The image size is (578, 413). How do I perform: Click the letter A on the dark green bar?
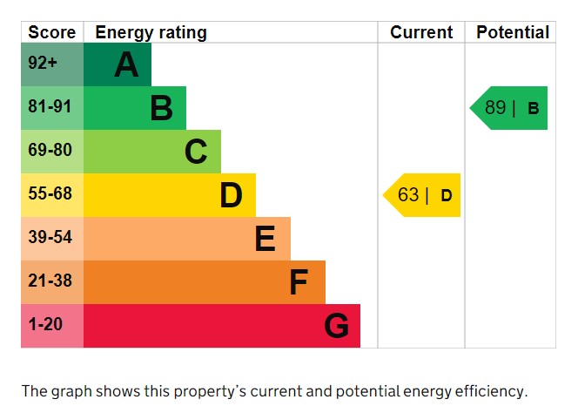coord(126,64)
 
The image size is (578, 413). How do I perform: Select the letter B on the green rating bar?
coord(161,108)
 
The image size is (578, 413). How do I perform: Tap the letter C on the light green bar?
coord(196,152)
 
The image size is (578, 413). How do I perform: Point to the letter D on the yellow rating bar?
coord(231,195)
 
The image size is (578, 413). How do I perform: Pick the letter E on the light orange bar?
coord(265,239)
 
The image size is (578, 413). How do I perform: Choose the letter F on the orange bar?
coord(299,282)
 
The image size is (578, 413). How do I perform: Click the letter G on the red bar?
coord(336,326)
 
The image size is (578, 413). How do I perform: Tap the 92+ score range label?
coord(42,64)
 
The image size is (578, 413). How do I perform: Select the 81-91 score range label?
coord(50,107)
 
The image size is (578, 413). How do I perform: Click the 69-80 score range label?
coord(50,151)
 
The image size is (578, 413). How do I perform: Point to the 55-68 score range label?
coord(50,194)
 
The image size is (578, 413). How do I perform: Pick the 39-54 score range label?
coord(50,238)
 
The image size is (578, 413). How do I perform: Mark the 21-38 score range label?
coord(50,281)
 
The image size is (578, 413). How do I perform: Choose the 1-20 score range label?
coord(45,325)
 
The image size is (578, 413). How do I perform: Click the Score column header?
coord(52,32)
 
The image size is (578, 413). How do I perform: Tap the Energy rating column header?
coord(151,32)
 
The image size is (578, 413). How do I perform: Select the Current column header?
coord(421,32)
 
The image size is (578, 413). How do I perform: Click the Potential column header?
coord(513,32)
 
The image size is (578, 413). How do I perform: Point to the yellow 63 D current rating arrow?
coord(423,195)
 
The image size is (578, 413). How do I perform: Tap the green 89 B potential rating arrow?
coord(510,108)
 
